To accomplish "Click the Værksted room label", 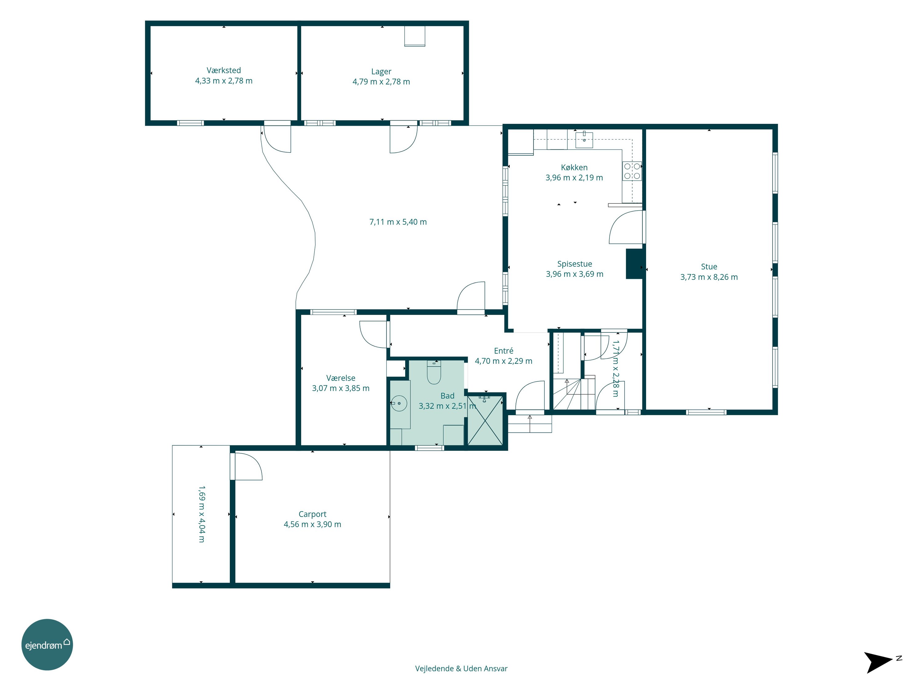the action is pos(224,70).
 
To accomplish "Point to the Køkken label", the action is pos(574,167).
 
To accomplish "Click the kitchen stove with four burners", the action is pos(632,171).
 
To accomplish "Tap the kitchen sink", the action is pos(584,140).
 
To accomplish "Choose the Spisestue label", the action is pos(575,264).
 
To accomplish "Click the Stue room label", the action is pos(709,267).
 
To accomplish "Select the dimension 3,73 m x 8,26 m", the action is pos(709,277).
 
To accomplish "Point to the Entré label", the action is pos(504,351).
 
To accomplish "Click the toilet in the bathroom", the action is pos(434,372).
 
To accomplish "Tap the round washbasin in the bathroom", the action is pos(399,403).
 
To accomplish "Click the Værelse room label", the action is pos(341,378).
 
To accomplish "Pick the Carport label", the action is pos(313,514).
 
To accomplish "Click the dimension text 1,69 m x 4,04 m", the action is pos(202,514).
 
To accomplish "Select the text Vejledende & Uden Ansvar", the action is pos(461,669).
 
